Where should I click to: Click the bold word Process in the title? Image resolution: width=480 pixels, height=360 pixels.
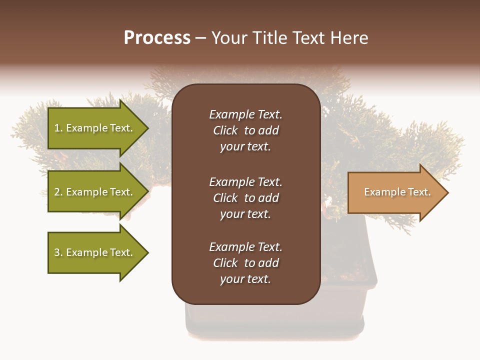click(x=157, y=37)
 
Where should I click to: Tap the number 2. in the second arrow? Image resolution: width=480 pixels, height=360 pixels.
click(x=58, y=192)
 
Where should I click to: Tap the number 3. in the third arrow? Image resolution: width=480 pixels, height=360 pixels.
click(x=58, y=252)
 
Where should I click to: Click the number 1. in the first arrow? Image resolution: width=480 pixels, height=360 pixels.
click(x=58, y=128)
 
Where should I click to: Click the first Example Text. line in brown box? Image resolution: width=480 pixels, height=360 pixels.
click(x=245, y=114)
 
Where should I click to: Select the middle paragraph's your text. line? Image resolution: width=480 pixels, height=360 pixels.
click(x=245, y=214)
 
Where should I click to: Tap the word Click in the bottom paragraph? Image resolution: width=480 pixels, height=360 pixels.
click(x=225, y=263)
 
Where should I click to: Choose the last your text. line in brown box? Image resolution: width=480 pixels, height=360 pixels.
click(x=245, y=279)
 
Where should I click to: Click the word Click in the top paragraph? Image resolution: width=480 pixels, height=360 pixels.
click(x=225, y=130)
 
